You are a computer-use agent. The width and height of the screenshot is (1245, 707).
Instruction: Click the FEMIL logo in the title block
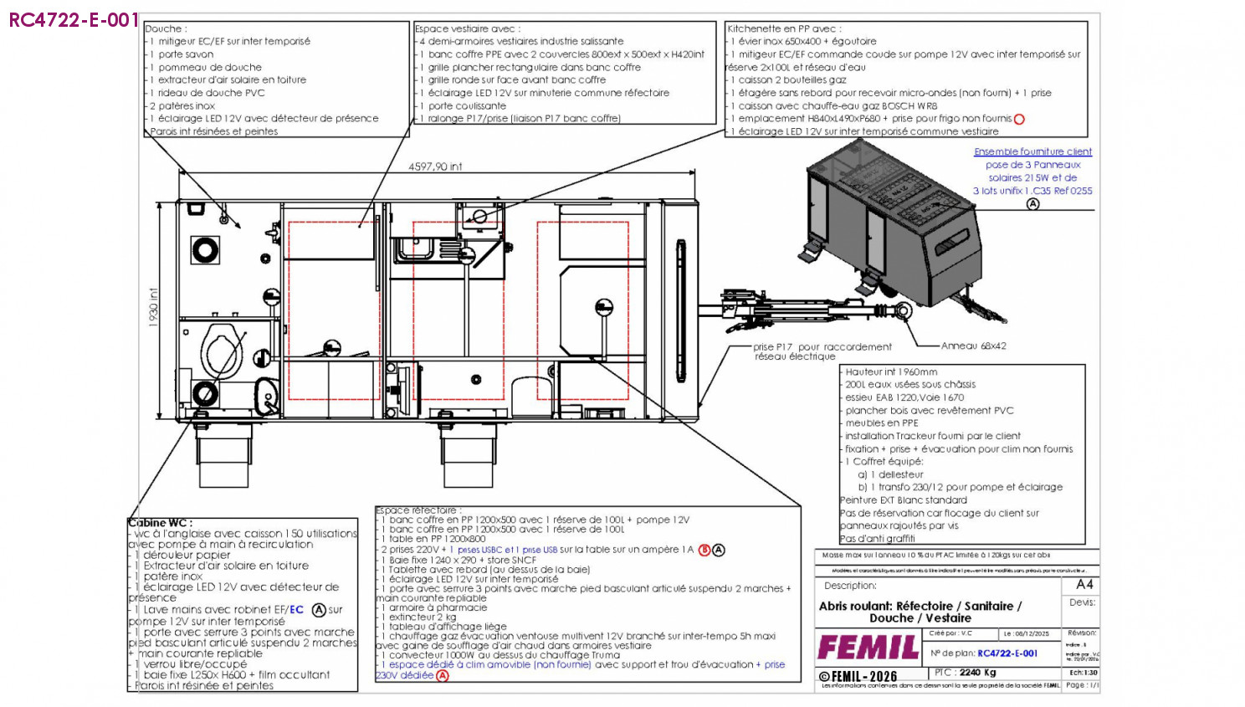coord(868,648)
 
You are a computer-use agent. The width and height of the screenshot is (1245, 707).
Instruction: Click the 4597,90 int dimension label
coord(435,167)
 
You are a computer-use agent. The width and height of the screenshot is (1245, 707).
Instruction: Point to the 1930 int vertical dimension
coord(153,307)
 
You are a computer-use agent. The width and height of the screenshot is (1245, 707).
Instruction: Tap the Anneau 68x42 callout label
coord(973,346)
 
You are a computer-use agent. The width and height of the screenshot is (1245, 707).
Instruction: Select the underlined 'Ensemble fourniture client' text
coord(1032,151)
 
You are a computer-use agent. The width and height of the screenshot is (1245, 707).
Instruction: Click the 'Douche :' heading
coord(167,28)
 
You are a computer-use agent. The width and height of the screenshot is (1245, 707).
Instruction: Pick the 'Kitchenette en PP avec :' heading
coord(784,28)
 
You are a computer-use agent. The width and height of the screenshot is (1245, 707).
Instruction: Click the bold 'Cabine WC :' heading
coord(160,523)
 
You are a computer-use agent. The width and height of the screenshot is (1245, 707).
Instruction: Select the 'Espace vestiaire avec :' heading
coord(468,28)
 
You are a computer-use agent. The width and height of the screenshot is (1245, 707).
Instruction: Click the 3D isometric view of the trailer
coord(895,234)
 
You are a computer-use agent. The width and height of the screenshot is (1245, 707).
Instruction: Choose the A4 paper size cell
coord(1084,584)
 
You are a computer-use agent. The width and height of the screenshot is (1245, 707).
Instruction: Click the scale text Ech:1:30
coord(1084,672)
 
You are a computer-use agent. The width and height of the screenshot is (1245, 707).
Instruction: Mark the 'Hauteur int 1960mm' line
coord(891,371)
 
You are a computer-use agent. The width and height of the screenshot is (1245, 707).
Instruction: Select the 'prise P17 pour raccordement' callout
coord(822,346)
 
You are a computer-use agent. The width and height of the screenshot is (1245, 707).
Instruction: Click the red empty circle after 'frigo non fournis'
coord(1019,119)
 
